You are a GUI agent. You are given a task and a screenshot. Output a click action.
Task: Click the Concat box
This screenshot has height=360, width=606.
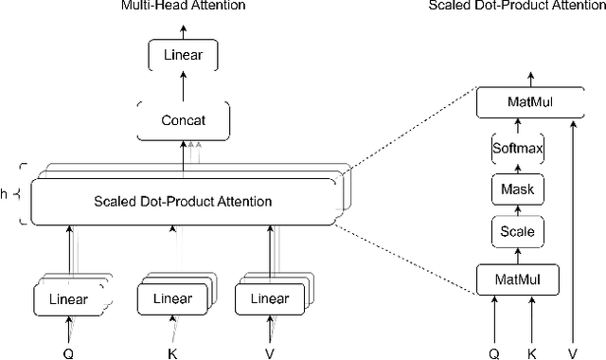[x=183, y=120]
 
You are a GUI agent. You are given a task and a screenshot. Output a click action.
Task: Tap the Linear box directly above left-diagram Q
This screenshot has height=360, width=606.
[x=68, y=299]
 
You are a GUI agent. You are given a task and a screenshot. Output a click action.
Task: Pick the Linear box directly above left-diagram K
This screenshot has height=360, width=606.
[x=172, y=299]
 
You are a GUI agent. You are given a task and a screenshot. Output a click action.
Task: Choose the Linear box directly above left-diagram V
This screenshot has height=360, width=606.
[x=270, y=299]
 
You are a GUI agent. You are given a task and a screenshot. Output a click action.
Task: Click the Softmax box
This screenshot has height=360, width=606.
[x=517, y=149]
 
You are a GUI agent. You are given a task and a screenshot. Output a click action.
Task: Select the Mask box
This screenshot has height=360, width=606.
[x=517, y=190]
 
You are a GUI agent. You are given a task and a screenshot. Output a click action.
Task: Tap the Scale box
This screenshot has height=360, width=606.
[x=517, y=231]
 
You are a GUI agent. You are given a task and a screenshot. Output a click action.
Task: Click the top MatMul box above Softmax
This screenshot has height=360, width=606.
[x=517, y=99]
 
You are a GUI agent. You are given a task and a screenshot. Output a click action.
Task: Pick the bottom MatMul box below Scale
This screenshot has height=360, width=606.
[x=517, y=279]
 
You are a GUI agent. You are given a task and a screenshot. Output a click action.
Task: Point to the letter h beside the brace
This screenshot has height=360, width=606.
[x=6, y=195]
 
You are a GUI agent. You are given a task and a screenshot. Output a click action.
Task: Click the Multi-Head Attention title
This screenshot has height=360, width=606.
[x=183, y=6]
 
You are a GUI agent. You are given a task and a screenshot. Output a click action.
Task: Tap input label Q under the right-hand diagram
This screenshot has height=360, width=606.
[x=493, y=351]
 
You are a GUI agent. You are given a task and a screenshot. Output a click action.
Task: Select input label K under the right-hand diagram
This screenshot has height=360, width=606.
[x=532, y=351]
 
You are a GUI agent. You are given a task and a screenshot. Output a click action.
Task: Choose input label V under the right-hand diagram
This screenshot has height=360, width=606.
[x=572, y=351]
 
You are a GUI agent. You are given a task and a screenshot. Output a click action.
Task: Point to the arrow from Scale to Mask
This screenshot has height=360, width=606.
[x=517, y=210]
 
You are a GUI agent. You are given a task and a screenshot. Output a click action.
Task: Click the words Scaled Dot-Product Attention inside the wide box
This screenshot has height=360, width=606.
[x=183, y=201]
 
